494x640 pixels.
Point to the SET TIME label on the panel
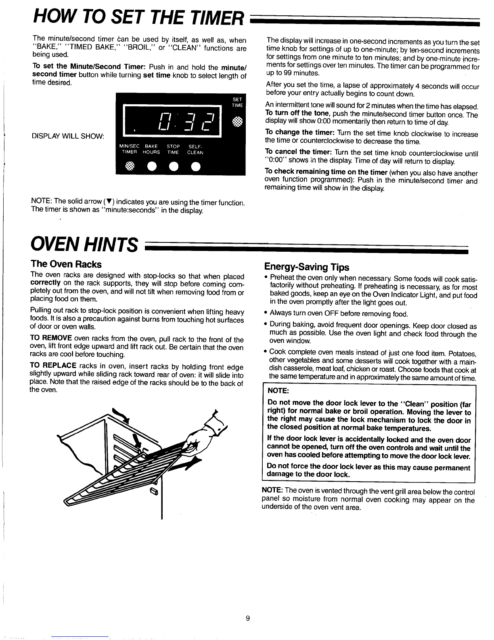237,102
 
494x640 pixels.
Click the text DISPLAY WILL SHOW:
68,136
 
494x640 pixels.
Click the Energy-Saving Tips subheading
306,267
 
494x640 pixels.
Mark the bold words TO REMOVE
51,338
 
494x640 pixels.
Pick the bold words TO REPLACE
53,366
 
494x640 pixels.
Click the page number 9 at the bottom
248,619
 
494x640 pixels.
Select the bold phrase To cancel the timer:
298,152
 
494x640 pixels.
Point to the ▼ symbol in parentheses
109,202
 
